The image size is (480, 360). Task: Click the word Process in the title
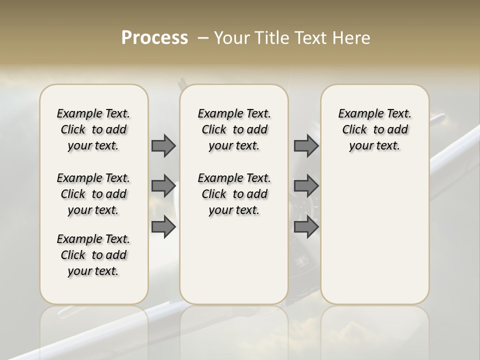pyautogui.click(x=154, y=38)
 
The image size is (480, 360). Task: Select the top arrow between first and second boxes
pyautogui.click(x=163, y=146)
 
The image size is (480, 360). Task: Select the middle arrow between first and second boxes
pyautogui.click(x=163, y=186)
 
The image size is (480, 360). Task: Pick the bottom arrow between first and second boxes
pyautogui.click(x=163, y=227)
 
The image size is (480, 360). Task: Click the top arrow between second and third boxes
pyautogui.click(x=306, y=146)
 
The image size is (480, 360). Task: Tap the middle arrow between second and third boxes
pyautogui.click(x=306, y=186)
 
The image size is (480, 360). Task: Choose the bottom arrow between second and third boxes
pyautogui.click(x=306, y=227)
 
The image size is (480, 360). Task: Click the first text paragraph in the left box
pyautogui.click(x=93, y=129)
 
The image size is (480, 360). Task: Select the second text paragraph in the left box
pyautogui.click(x=93, y=194)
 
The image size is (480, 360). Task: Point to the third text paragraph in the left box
pyautogui.click(x=93, y=255)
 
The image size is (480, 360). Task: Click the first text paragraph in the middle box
pyautogui.click(x=234, y=129)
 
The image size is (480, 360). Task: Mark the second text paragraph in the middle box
pyautogui.click(x=234, y=194)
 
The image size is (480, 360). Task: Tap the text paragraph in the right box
pyautogui.click(x=375, y=129)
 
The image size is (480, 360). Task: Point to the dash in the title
pyautogui.click(x=203, y=38)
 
